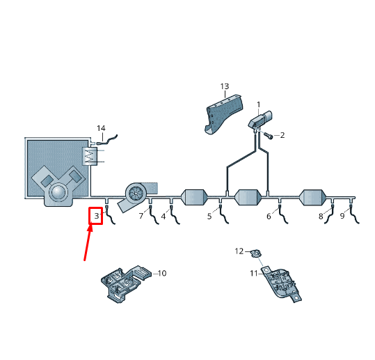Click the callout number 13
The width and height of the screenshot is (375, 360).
pyautogui.click(x=225, y=86)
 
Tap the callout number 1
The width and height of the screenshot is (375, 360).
pyautogui.click(x=259, y=104)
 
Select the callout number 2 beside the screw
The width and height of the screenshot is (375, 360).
pyautogui.click(x=282, y=135)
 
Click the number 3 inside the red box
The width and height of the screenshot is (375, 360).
pyautogui.click(x=97, y=216)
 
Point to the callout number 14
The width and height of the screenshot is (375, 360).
pyautogui.click(x=101, y=128)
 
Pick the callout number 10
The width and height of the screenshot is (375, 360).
pyautogui.click(x=162, y=273)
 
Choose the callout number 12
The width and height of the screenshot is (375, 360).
pyautogui.click(x=239, y=251)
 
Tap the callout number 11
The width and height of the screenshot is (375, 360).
pyautogui.click(x=254, y=273)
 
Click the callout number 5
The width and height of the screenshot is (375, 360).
pyautogui.click(x=209, y=217)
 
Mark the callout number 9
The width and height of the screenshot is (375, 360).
pyautogui.click(x=342, y=216)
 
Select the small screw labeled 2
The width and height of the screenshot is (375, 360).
pyautogui.click(x=269, y=136)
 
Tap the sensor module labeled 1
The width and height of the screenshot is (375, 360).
pyautogui.click(x=260, y=120)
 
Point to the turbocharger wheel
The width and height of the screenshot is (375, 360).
pyautogui.click(x=136, y=193)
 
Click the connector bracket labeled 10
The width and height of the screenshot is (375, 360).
pyautogui.click(x=125, y=283)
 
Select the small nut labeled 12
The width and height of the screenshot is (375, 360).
pyautogui.click(x=256, y=253)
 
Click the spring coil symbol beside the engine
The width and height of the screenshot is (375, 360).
pyautogui.click(x=90, y=156)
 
